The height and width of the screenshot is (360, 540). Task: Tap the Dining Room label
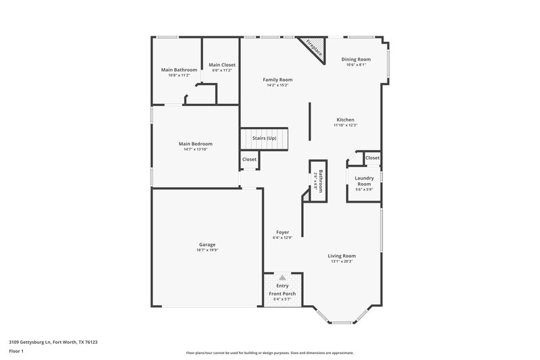click(356, 59)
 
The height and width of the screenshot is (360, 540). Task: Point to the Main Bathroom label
click(179, 70)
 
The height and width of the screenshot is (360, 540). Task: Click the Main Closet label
click(222, 64)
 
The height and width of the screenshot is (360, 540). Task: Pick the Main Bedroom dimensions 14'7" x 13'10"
click(195, 149)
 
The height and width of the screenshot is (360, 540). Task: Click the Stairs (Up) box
click(265, 138)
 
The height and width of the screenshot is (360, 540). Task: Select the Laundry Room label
click(364, 181)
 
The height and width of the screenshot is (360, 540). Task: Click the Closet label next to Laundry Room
click(373, 157)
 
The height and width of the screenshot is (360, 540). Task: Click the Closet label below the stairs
click(249, 159)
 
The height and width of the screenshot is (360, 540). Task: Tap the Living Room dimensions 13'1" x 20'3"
click(342, 261)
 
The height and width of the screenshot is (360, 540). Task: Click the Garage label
click(207, 245)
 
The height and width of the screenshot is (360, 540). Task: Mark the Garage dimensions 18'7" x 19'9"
click(207, 250)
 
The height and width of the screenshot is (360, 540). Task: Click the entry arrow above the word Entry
click(282, 278)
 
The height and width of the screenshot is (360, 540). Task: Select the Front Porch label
click(282, 293)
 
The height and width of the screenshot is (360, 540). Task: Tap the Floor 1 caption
click(16, 351)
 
